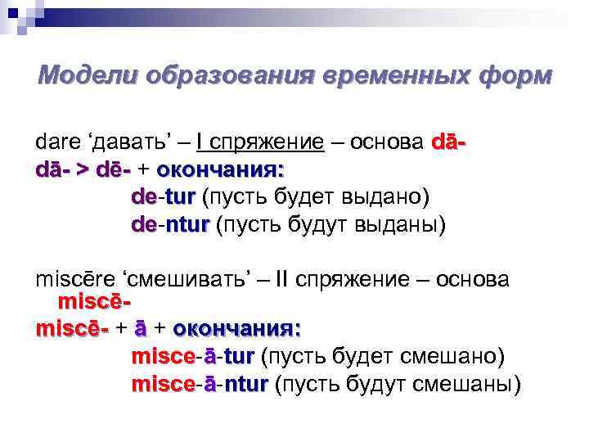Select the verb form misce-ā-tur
tap(192, 357)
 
